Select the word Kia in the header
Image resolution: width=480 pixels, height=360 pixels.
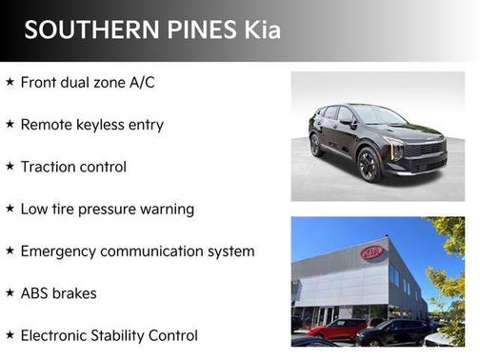pyautogui.click(x=257, y=30)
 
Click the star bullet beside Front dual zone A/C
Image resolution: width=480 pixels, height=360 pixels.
pyautogui.click(x=10, y=83)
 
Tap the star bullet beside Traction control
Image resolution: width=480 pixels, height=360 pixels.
pyautogui.click(x=10, y=167)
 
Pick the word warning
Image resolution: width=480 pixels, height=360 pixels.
pyautogui.click(x=172, y=209)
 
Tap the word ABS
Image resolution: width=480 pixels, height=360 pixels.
pyautogui.click(x=36, y=293)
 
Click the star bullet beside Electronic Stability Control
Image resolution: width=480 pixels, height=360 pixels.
pyautogui.click(x=10, y=335)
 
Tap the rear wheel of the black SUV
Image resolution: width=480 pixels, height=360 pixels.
pyautogui.click(x=316, y=146)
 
